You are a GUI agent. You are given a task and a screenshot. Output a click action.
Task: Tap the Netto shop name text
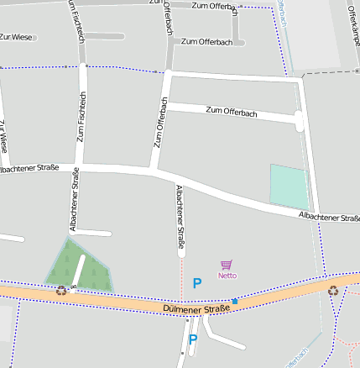227,276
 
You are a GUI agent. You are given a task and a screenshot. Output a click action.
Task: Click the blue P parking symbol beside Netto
197,284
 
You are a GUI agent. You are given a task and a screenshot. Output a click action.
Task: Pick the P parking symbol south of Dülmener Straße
192,340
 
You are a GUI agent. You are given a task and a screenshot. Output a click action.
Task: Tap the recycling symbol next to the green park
61,291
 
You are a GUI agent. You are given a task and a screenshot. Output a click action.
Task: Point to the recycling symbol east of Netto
333,291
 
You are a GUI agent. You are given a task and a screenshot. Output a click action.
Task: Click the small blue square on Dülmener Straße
235,301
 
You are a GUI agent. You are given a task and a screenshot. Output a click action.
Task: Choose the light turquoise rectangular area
289,185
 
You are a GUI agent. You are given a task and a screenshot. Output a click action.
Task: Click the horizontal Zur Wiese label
16,37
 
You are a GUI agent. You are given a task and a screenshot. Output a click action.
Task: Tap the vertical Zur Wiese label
5,136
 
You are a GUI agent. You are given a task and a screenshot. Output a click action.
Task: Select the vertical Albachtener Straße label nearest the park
75,199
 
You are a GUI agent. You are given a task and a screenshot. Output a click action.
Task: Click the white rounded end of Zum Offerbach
299,121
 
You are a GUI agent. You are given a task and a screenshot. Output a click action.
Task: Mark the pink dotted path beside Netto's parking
181,277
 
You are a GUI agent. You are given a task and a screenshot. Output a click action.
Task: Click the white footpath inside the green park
79,271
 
